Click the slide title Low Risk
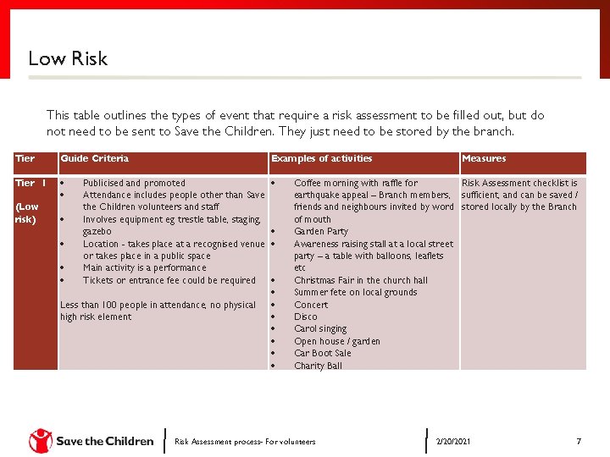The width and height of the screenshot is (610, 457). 68,58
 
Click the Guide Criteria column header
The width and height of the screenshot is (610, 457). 94,158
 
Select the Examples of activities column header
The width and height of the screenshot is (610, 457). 321,158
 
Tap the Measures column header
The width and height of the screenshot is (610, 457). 484,158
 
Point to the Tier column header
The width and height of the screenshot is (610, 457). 25,158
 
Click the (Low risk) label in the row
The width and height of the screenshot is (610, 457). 26,213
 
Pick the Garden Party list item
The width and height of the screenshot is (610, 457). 321,232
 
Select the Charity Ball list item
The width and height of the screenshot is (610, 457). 318,366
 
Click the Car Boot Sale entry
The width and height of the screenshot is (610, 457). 322,354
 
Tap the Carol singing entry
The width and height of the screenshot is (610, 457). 320,329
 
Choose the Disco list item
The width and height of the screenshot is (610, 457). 305,317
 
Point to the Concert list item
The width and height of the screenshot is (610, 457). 311,305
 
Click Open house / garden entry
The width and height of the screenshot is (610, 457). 336,342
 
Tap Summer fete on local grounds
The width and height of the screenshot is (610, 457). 355,293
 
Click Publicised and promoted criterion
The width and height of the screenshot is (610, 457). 134,183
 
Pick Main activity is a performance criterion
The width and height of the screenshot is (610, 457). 144,268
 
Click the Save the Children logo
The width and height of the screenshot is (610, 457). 91,441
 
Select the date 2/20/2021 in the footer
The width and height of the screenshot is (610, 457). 453,442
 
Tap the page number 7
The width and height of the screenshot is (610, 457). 578,441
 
